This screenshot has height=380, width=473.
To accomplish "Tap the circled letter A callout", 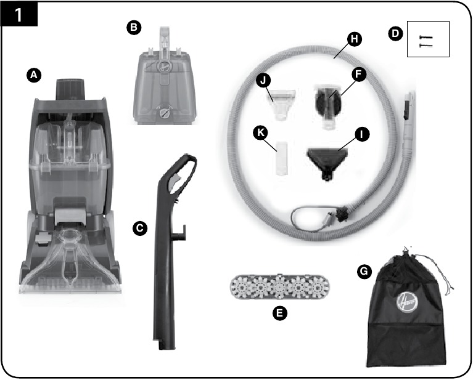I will click(x=35, y=75).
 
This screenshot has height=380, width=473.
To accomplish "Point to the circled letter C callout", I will click(x=140, y=228).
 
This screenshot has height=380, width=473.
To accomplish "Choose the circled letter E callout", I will click(x=280, y=313).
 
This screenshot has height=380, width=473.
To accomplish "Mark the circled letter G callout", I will click(x=364, y=270).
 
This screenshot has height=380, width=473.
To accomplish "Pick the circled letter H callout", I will click(x=354, y=39).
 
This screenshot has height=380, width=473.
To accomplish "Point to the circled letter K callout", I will click(x=261, y=132).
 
